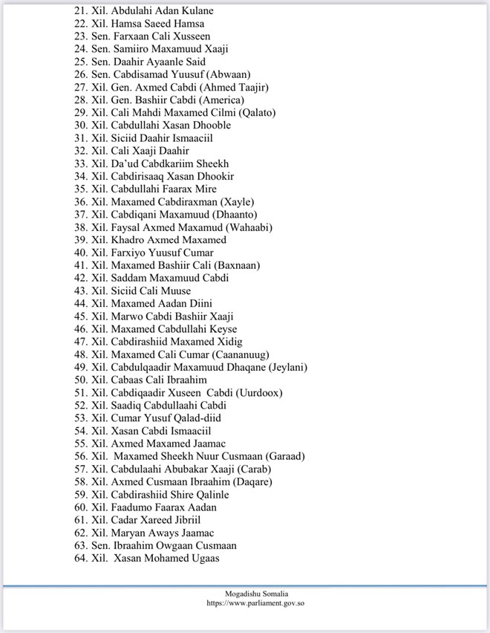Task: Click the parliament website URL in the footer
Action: [x=255, y=603]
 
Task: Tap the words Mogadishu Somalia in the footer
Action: [x=255, y=594]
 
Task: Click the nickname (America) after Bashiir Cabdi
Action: [x=218, y=100]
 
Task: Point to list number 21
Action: [x=80, y=11]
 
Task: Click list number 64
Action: [x=80, y=558]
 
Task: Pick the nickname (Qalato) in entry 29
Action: [x=252, y=112]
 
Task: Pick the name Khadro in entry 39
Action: [x=127, y=240]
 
